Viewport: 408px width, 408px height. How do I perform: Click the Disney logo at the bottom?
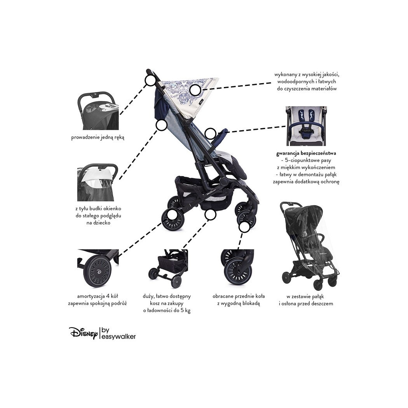point(84,333)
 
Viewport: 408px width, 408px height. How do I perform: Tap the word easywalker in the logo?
point(118,337)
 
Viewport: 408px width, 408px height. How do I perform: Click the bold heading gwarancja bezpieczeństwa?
point(306,153)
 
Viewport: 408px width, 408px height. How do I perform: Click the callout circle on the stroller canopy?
point(195,90)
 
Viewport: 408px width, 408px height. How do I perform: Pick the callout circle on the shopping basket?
point(210,214)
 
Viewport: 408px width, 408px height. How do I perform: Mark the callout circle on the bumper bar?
point(210,133)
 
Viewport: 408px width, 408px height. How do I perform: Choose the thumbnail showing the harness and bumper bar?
point(306,126)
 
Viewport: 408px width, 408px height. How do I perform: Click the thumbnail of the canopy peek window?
point(98,182)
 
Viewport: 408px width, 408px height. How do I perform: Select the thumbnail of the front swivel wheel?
point(237,267)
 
